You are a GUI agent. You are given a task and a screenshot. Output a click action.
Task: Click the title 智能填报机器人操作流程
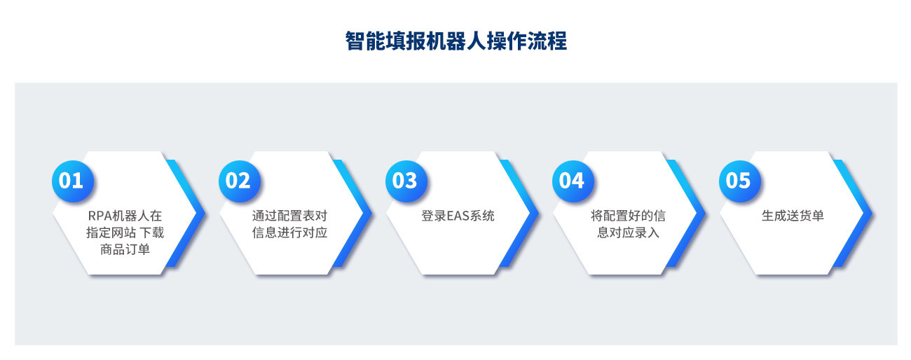tap(456, 41)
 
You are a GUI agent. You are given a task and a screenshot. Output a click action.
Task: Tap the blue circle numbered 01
tap(73, 181)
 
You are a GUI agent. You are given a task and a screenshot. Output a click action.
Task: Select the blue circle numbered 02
tap(240, 181)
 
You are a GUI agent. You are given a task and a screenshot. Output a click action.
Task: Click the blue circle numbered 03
tap(406, 181)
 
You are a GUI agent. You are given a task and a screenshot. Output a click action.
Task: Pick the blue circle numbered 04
tap(573, 181)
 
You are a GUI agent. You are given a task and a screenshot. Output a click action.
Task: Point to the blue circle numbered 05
tap(740, 181)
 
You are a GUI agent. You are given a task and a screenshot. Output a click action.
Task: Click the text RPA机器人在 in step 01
tap(125, 216)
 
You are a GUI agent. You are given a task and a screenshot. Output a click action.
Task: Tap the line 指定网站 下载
tap(125, 233)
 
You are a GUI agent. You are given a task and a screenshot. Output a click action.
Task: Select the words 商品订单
tap(125, 249)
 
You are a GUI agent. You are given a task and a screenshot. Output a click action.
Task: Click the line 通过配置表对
tap(289, 216)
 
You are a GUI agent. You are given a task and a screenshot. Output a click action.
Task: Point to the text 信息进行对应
tap(289, 233)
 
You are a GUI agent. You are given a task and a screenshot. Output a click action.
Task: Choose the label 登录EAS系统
tap(458, 216)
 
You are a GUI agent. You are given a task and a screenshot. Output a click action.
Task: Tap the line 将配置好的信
tap(628, 216)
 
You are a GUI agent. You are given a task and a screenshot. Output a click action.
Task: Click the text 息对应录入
tap(628, 233)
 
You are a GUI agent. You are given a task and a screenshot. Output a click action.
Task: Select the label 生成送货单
tap(793, 216)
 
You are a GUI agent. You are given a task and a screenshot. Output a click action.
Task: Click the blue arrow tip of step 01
tap(204, 214)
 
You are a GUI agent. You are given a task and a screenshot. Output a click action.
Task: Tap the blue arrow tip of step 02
tap(371, 214)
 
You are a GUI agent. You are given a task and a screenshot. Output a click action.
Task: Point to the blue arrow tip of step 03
tap(537, 214)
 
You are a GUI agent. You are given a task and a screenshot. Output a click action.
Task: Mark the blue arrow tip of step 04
tap(704, 214)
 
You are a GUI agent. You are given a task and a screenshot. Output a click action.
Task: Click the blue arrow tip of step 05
tap(871, 214)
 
